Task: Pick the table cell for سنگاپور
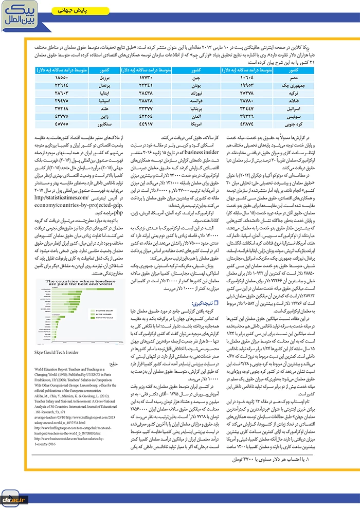tap(102, 123)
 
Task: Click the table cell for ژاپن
tap(102, 116)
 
